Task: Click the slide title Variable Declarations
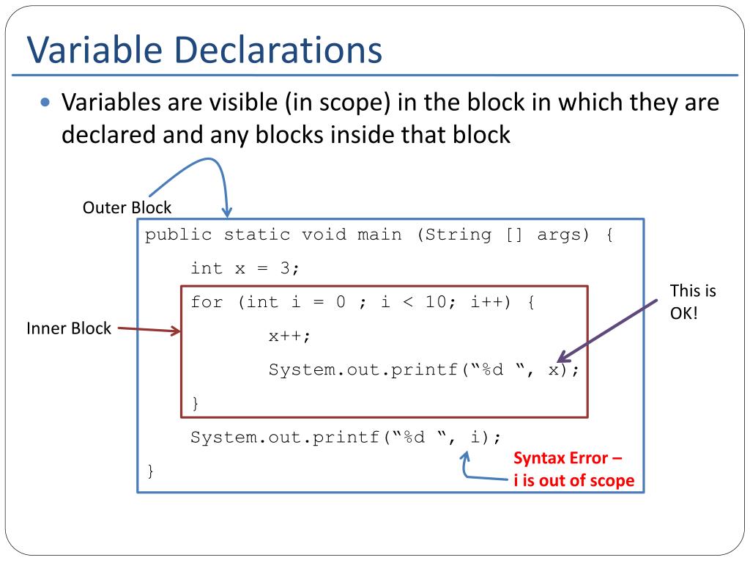pos(204,50)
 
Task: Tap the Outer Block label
pos(127,207)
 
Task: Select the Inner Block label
pos(69,328)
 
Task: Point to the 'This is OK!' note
pos(692,301)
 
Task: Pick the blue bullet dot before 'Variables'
pos(45,103)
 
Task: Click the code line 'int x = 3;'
pos(245,268)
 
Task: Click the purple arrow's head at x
pos(560,359)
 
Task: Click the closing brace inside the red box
pos(195,402)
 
